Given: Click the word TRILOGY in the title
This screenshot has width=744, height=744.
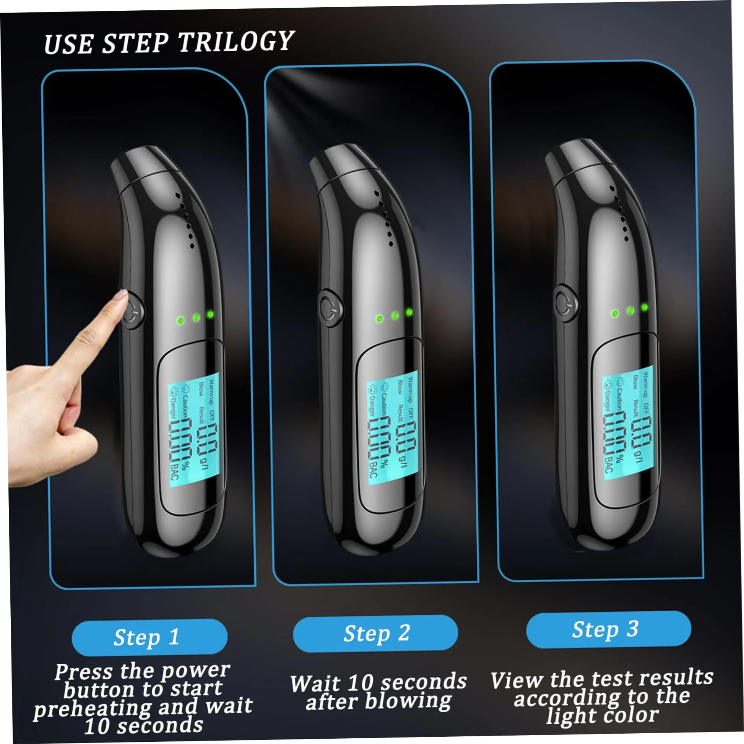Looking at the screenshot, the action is (236, 41).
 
